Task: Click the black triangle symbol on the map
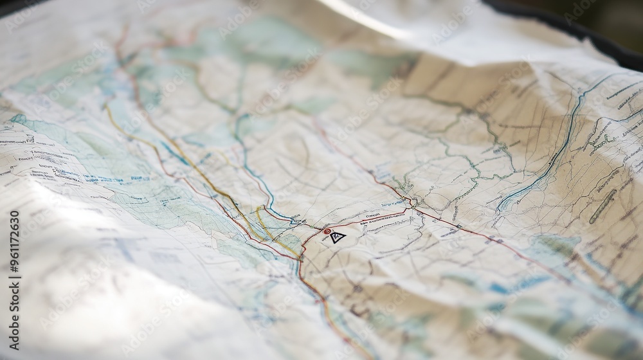[338, 237]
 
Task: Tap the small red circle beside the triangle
[327, 231]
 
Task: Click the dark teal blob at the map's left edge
[18, 119]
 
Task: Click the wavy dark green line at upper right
[476, 122]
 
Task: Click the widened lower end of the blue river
[508, 199]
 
